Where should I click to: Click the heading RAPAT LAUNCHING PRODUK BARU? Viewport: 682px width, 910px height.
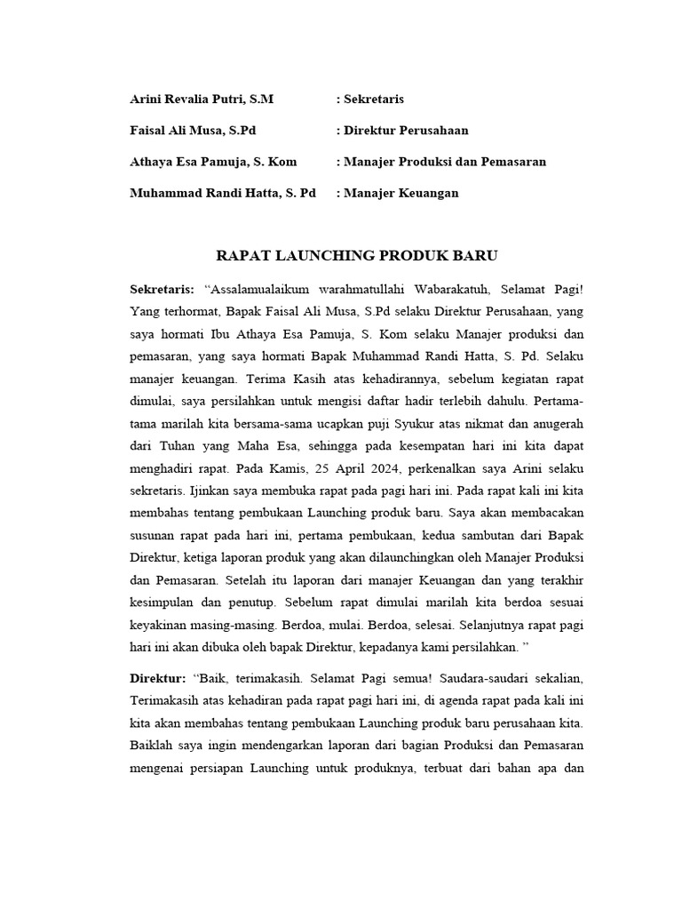tap(358, 256)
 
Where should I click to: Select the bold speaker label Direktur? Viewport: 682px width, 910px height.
tap(158, 678)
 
